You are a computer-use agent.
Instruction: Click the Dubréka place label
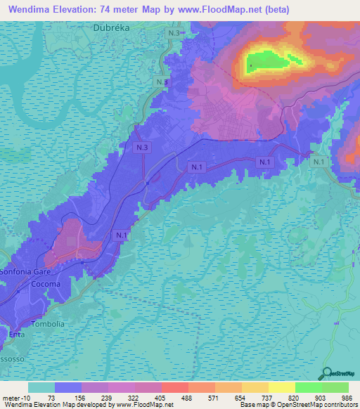pos(112,28)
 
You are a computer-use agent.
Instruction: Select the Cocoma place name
pos(46,284)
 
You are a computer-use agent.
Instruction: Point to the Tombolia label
pos(48,324)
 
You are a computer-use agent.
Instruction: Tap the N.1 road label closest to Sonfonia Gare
pos(121,235)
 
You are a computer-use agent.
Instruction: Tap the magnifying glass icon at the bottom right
pos(326,373)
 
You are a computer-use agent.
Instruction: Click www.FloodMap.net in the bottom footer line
pos(145,405)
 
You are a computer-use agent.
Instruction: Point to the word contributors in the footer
pos(337,405)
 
